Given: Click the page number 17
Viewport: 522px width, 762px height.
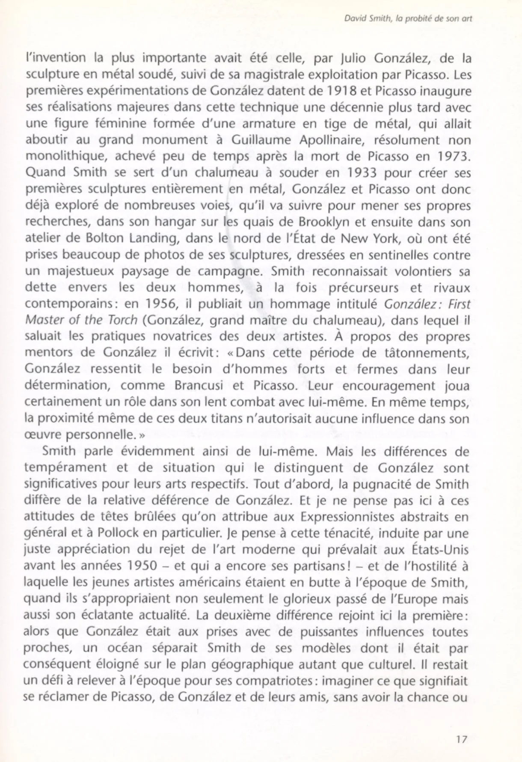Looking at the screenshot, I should (x=461, y=739).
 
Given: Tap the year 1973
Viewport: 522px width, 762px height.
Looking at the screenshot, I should (x=453, y=157).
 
